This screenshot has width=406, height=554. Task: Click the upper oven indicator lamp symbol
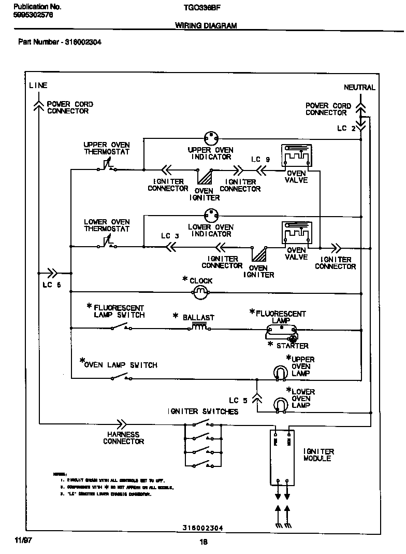(x=210, y=138)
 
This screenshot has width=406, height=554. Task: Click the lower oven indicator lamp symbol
(x=210, y=214)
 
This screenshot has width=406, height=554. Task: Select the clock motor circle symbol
(x=200, y=293)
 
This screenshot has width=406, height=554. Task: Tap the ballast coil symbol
(x=200, y=326)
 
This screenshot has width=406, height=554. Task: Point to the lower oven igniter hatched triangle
(x=258, y=255)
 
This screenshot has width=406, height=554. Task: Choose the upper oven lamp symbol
(x=280, y=372)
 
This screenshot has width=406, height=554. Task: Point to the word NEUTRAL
(x=359, y=88)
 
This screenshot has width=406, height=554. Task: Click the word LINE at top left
(x=38, y=86)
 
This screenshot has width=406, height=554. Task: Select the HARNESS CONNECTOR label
(x=123, y=438)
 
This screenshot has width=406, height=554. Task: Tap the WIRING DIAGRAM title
(x=206, y=26)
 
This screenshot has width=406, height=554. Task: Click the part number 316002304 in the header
(x=83, y=42)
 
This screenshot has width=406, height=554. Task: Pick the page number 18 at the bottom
(x=203, y=542)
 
